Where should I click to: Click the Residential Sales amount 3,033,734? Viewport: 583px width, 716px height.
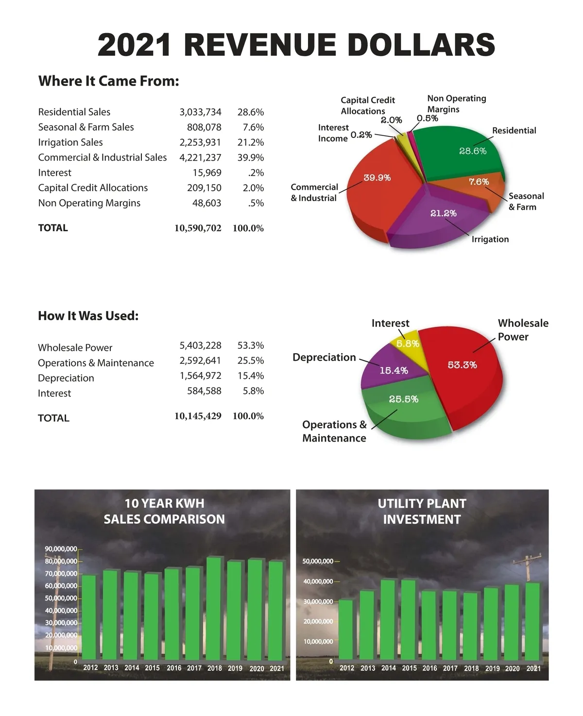(200, 112)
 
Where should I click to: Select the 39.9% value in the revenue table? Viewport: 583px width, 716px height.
(251, 157)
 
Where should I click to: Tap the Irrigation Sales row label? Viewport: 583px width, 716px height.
(70, 142)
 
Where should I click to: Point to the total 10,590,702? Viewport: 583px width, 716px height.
(198, 228)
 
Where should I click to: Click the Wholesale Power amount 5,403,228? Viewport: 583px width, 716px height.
(200, 345)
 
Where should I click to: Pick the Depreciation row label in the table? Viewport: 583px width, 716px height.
(66, 378)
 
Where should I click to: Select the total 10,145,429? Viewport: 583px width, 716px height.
(198, 416)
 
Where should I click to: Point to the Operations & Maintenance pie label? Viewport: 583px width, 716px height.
(334, 431)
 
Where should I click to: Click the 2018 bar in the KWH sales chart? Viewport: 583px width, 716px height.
(214, 610)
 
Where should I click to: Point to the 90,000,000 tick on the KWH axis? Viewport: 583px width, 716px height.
(61, 549)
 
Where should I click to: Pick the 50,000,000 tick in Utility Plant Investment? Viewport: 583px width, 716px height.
(318, 561)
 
